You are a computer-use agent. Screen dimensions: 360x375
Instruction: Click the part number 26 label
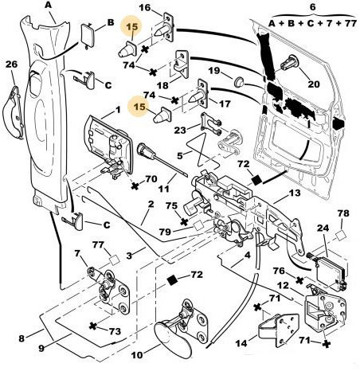[11, 64]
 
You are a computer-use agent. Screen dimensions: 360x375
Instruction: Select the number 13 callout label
[295, 193]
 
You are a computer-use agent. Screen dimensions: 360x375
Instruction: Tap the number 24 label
[323, 228]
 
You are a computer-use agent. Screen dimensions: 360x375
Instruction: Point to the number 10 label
[137, 355]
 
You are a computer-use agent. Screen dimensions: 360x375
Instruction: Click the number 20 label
[314, 84]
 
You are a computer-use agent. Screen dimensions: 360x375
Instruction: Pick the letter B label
[111, 22]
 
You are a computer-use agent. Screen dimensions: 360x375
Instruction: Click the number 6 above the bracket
[313, 6]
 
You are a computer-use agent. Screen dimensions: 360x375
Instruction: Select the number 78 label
[343, 213]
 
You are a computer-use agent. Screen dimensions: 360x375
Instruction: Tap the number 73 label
[115, 331]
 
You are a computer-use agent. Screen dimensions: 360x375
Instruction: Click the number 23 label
[180, 130]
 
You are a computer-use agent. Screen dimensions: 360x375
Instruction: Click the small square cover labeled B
[87, 34]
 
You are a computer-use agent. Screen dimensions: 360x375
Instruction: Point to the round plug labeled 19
[239, 81]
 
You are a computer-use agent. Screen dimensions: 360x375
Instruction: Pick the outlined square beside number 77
[115, 260]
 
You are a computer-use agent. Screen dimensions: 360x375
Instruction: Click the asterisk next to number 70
[135, 186]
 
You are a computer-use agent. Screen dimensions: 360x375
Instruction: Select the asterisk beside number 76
[299, 280]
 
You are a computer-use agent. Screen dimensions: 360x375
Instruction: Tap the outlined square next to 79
[198, 226]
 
